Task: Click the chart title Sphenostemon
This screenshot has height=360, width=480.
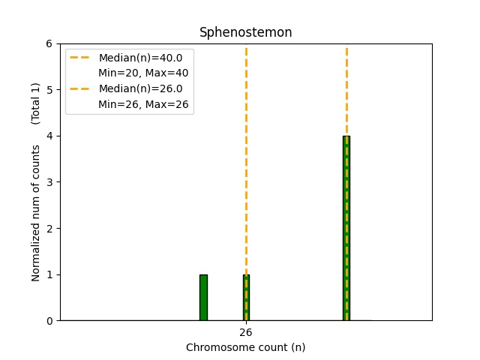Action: pyautogui.click(x=245, y=32)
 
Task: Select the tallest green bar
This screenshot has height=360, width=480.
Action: pyautogui.click(x=346, y=228)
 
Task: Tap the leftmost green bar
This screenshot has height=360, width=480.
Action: pyautogui.click(x=203, y=298)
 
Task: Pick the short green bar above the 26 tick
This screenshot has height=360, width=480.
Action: pyautogui.click(x=246, y=298)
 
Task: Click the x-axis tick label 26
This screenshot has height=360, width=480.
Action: pyautogui.click(x=246, y=332)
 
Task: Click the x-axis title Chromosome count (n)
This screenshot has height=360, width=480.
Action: pyautogui.click(x=245, y=347)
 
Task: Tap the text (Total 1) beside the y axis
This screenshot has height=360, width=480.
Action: pyautogui.click(x=36, y=103)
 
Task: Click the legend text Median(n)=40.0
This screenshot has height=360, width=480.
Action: pyautogui.click(x=140, y=58)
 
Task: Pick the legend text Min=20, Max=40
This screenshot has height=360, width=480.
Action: pyautogui.click(x=143, y=73)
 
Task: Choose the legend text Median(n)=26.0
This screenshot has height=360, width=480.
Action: pyautogui.click(x=140, y=89)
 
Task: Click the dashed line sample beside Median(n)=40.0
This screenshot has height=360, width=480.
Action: pyautogui.click(x=80, y=58)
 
